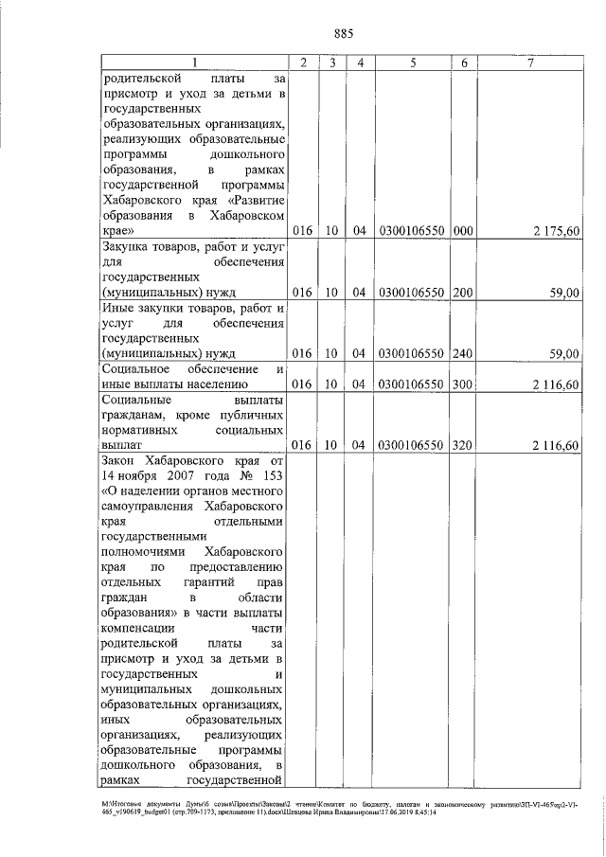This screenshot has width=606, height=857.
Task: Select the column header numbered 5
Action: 413,62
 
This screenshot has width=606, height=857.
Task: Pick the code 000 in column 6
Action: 463,230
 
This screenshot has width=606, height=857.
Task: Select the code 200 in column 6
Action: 463,293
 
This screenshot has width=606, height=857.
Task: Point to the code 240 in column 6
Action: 463,354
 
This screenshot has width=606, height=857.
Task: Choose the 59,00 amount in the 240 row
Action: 565,354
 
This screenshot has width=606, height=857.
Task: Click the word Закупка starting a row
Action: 129,246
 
